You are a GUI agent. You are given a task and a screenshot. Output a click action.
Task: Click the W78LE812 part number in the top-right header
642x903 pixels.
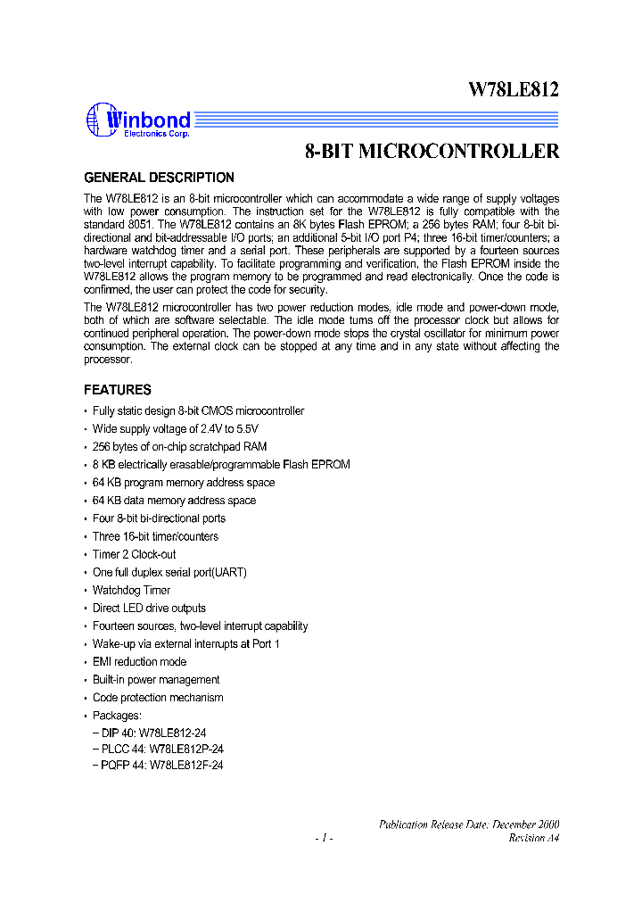tap(514, 88)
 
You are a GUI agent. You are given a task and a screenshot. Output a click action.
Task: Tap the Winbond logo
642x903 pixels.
tap(138, 121)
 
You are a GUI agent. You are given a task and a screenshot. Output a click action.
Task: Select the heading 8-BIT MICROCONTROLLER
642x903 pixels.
tap(432, 152)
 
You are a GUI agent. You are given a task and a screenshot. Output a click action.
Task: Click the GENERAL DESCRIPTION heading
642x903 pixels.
tap(159, 178)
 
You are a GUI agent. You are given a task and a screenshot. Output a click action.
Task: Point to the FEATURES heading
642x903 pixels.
tap(117, 390)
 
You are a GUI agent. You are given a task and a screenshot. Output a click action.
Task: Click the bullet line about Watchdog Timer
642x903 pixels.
tap(131, 590)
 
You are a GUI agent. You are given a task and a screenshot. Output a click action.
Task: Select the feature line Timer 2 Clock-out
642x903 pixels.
tap(134, 554)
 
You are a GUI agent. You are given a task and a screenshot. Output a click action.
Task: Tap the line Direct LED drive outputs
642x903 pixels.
tap(149, 608)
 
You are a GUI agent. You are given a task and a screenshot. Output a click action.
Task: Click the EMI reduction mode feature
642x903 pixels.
tap(139, 661)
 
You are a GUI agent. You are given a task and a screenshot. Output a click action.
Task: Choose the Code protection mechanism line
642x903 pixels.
tap(158, 697)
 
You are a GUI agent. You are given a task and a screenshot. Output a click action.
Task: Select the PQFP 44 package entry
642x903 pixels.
tap(158, 765)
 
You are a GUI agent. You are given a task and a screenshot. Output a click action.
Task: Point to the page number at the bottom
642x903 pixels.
tap(324, 838)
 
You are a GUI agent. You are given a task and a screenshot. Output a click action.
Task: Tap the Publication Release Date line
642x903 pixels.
tap(470, 824)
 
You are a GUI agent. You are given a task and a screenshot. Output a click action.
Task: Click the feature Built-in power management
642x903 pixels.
tap(156, 679)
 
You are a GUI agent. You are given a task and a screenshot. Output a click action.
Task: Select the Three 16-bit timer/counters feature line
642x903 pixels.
tap(155, 536)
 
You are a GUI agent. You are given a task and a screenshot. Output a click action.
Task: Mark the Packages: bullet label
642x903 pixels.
tap(117, 715)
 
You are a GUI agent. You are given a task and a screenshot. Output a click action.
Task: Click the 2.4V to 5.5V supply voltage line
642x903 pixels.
tap(163, 428)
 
